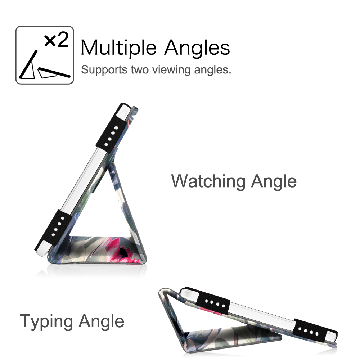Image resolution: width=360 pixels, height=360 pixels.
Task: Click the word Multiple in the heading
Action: click(x=118, y=48)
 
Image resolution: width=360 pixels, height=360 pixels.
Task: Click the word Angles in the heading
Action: click(x=197, y=48)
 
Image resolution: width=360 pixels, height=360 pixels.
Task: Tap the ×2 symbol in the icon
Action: click(x=56, y=40)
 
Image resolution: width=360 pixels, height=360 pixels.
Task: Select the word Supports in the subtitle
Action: click(x=104, y=70)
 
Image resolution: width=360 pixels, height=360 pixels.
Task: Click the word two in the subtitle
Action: click(x=140, y=70)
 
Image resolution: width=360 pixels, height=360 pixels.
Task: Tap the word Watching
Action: click(x=208, y=181)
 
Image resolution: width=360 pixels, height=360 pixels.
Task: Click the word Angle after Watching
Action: click(x=274, y=181)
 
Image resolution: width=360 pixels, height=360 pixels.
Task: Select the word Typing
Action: click(x=46, y=321)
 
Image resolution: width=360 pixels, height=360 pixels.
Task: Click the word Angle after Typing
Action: click(x=101, y=321)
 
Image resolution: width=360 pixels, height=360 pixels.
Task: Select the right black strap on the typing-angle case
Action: click(x=315, y=330)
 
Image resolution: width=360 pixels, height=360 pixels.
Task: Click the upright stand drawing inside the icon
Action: click(x=28, y=66)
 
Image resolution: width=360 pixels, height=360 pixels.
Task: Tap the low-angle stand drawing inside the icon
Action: click(x=54, y=73)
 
